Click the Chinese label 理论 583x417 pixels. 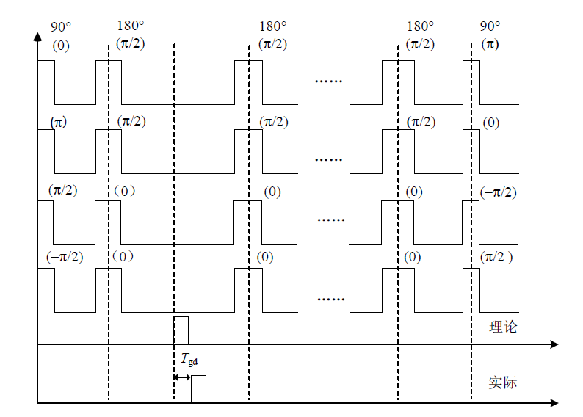503,327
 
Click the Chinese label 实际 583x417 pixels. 503,382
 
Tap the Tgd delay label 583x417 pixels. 189,360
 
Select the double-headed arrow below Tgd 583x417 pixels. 182,377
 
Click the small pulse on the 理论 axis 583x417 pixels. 181,330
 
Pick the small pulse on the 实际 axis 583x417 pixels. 198,389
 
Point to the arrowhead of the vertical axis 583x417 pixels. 37,37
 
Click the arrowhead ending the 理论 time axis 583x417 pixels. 554,344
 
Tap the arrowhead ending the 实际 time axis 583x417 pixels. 554,403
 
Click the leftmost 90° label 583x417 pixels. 61,26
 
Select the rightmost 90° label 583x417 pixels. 490,26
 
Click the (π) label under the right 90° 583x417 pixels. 490,45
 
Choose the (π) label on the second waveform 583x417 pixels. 59,123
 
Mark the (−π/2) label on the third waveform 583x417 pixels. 499,192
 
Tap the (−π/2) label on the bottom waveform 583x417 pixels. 65,257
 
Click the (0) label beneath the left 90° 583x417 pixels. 61,46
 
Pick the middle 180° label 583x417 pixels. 273,26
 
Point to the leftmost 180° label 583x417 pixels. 131,25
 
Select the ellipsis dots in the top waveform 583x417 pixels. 329,81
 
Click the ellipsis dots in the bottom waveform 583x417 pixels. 331,299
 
